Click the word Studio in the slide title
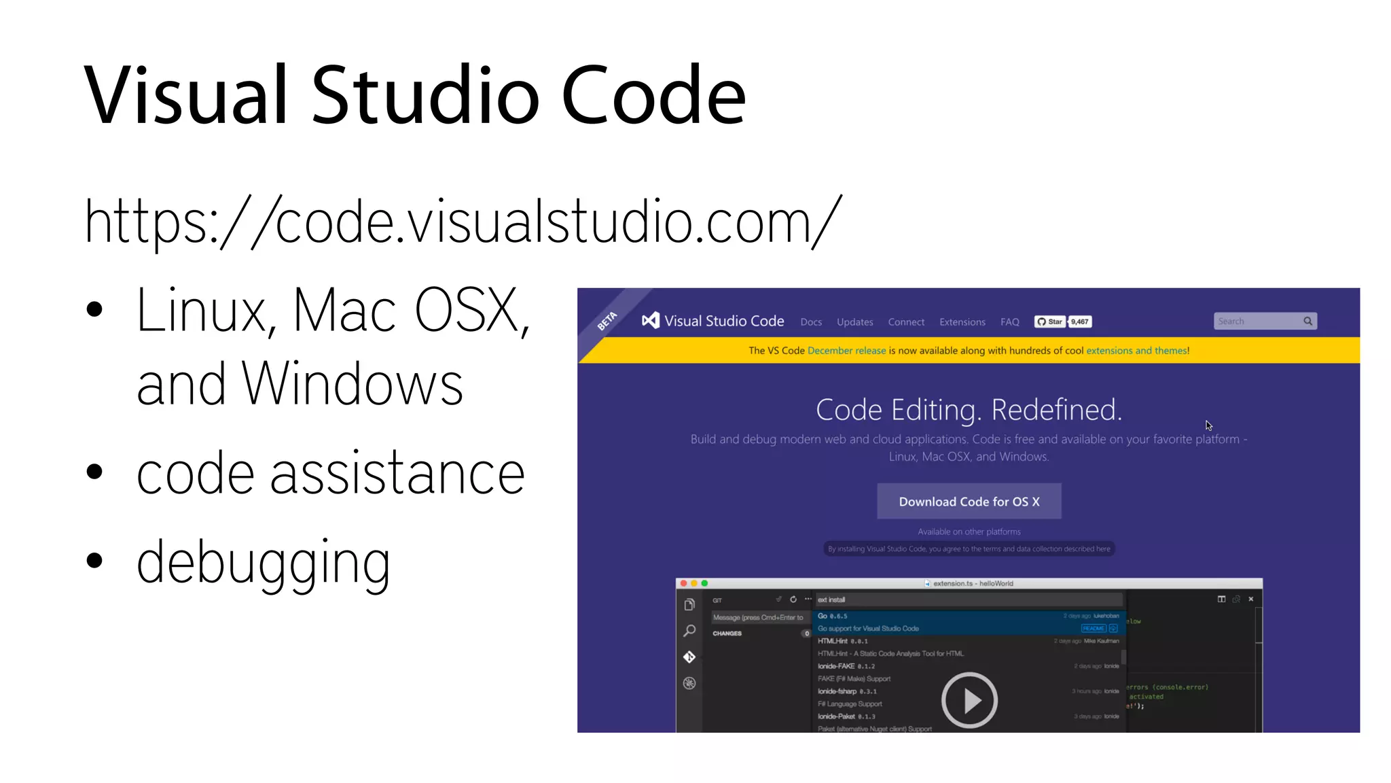pyautogui.click(x=425, y=95)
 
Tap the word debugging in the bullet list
pyautogui.click(x=263, y=562)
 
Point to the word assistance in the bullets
pyautogui.click(x=397, y=474)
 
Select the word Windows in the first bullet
pyautogui.click(x=353, y=385)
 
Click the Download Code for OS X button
pyautogui.click(x=969, y=502)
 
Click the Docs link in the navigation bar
pyautogui.click(x=811, y=322)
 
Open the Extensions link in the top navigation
pyautogui.click(x=962, y=322)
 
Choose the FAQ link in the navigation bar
pyautogui.click(x=1009, y=322)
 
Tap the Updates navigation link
pyautogui.click(x=854, y=322)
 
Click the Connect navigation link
pyautogui.click(x=906, y=322)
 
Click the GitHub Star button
pyautogui.click(x=1049, y=321)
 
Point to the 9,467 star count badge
pyautogui.click(x=1079, y=321)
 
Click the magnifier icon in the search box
pyautogui.click(x=1307, y=321)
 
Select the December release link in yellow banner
pyautogui.click(x=846, y=351)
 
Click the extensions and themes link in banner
pyautogui.click(x=1136, y=351)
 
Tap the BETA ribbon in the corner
pyautogui.click(x=607, y=321)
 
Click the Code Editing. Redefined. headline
pyautogui.click(x=969, y=410)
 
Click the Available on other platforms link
pyautogui.click(x=969, y=532)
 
